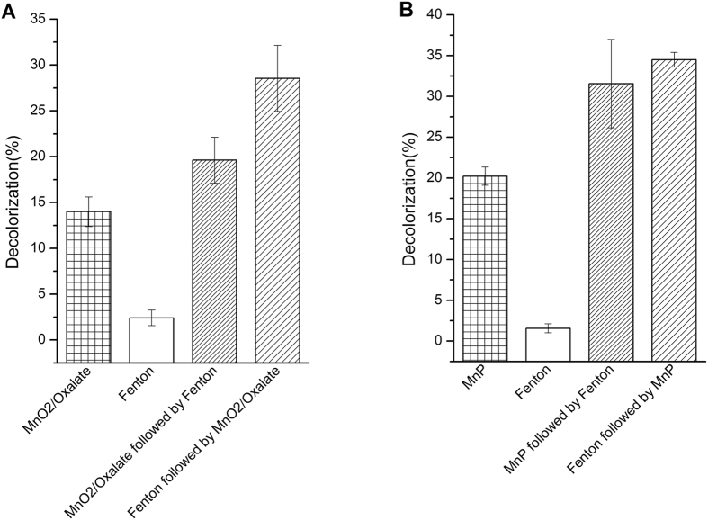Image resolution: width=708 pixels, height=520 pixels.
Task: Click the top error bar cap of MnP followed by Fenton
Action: [x=598, y=40]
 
